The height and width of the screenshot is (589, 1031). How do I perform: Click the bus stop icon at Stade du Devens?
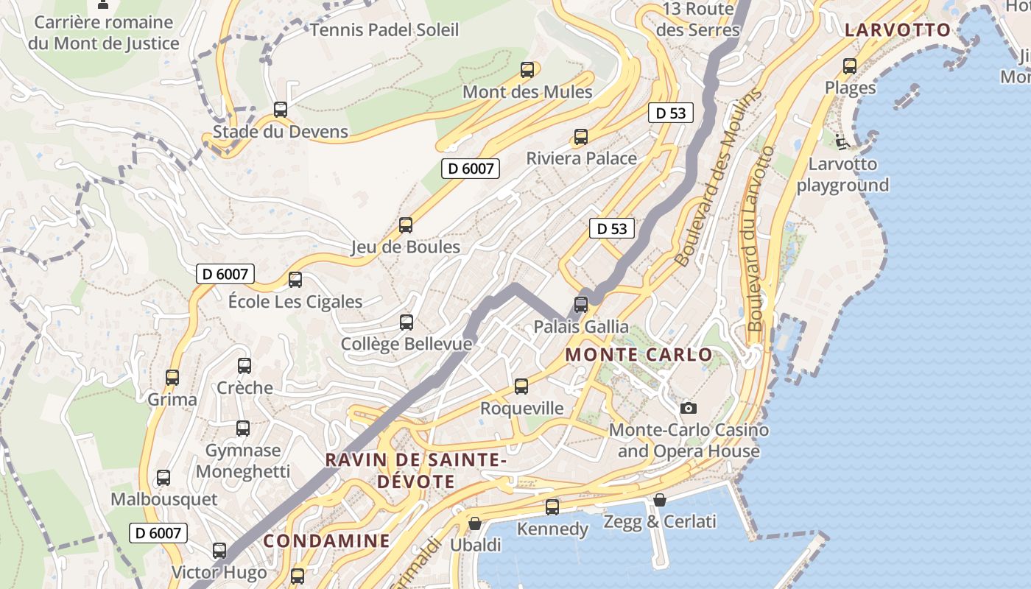tap(281, 110)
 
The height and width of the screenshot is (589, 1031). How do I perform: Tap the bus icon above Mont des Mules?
tap(527, 70)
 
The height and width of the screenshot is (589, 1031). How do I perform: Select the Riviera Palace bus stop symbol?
tap(581, 136)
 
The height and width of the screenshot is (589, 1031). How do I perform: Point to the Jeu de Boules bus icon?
tap(406, 225)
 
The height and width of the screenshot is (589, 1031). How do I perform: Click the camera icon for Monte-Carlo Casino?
tap(689, 408)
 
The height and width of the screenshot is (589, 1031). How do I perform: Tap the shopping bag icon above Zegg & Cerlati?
tap(660, 500)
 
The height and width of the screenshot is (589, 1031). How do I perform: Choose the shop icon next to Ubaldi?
tap(475, 523)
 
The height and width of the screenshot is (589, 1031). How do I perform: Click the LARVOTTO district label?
tap(898, 30)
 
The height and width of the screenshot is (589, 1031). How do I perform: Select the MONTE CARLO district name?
tap(639, 355)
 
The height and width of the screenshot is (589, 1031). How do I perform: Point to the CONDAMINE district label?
tap(326, 541)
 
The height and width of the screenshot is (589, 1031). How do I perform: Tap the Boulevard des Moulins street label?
tap(717, 179)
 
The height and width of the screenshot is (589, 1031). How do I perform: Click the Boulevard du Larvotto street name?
tap(761, 238)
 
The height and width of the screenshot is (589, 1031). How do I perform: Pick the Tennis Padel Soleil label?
tap(384, 30)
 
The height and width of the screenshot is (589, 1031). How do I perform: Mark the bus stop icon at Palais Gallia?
tap(581, 304)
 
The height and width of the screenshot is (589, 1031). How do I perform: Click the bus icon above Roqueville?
tap(521, 387)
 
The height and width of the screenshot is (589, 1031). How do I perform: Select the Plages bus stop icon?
tap(850, 66)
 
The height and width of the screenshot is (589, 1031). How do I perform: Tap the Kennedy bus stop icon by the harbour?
tap(552, 507)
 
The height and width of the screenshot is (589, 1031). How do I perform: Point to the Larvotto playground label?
tap(842, 174)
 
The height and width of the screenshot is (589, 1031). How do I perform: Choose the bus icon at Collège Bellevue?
tap(407, 322)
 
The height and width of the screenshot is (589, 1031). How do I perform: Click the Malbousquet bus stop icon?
tap(163, 478)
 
